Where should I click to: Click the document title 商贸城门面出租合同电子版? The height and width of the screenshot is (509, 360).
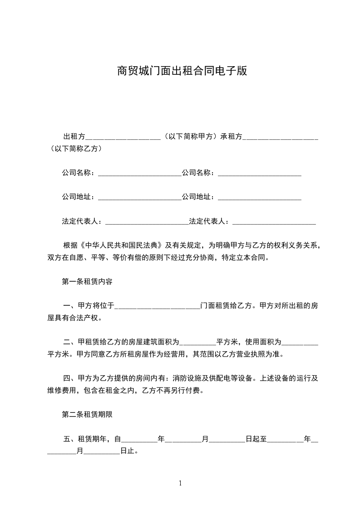182,71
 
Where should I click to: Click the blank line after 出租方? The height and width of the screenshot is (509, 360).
123,137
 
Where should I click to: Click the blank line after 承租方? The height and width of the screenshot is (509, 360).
281,137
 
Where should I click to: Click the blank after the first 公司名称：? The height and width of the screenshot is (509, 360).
139,173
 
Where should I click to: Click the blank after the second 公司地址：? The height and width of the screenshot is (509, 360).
260,198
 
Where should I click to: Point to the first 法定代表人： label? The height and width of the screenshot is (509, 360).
83,222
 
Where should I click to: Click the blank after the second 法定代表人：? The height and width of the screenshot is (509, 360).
274,222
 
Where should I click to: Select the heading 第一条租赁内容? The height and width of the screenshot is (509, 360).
87,281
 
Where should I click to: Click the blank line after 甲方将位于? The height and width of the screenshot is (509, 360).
157,307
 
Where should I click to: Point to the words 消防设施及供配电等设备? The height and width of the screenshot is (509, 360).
214,378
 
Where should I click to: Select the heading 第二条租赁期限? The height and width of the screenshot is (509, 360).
87,414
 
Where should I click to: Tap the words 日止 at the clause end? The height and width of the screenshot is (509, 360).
129,451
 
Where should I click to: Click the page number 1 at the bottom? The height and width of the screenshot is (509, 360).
180,483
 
